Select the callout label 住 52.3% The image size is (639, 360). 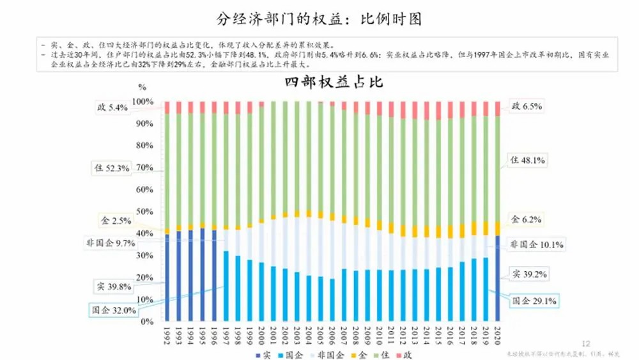click(x=112, y=168)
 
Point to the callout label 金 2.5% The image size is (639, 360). click(x=116, y=221)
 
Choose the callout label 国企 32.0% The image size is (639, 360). click(x=112, y=310)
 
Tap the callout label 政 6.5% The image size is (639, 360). click(x=527, y=106)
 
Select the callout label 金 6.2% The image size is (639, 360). click(x=527, y=219)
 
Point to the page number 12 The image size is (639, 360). click(x=588, y=343)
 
